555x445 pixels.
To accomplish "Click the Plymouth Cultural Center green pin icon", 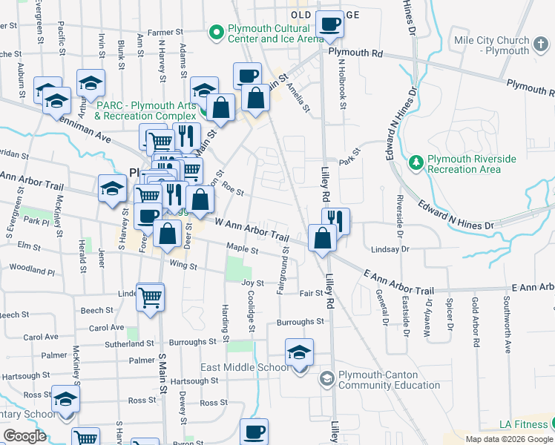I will click(216, 33).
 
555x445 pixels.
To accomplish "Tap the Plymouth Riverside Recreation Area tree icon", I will click(417, 161).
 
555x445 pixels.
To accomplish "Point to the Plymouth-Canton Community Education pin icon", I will click(326, 379).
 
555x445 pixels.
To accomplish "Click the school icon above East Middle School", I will click(299, 352).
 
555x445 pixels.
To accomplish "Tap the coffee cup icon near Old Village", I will click(330, 24).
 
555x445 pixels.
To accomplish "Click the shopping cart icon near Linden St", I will click(151, 297).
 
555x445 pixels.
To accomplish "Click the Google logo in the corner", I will click(24, 436).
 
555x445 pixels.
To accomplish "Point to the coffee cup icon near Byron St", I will click(254, 432).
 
